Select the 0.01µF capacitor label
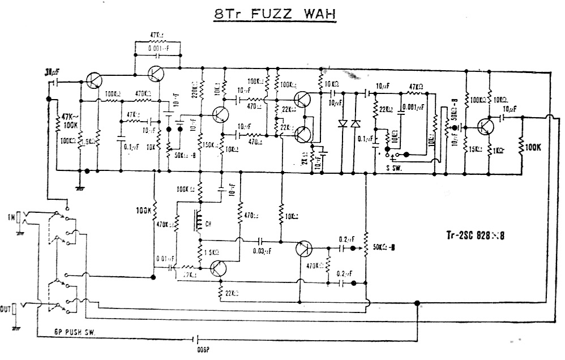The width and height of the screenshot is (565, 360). point(166,259)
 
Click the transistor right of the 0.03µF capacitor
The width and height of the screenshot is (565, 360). point(303,248)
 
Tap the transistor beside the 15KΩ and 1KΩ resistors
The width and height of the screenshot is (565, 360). point(486,126)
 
